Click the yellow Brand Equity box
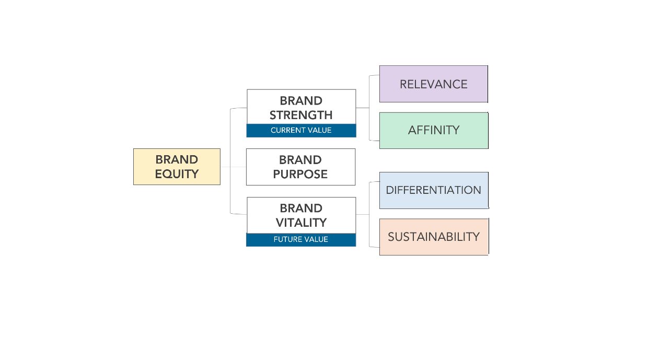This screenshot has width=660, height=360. [x=177, y=167]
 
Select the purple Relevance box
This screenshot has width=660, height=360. [x=433, y=84]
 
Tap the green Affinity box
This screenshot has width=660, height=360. [x=433, y=130]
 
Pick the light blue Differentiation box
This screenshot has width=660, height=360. [x=433, y=190]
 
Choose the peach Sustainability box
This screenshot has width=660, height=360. [x=433, y=237]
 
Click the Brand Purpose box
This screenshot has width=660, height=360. [x=300, y=167]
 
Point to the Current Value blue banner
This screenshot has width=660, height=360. [x=301, y=131]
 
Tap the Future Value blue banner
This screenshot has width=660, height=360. [x=301, y=240]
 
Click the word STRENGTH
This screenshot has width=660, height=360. [x=301, y=115]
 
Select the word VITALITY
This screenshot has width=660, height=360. [x=301, y=223]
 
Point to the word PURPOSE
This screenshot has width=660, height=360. [x=300, y=175]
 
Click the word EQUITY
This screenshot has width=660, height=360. [x=177, y=174]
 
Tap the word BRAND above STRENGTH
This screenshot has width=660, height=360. [x=301, y=101]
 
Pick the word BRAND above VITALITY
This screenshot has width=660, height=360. [x=301, y=208]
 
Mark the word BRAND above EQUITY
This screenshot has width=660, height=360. [x=177, y=160]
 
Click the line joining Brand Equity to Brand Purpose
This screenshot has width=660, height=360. [x=233, y=167]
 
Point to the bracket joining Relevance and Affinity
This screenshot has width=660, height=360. [x=369, y=108]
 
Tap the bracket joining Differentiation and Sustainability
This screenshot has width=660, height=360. [x=369, y=214]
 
